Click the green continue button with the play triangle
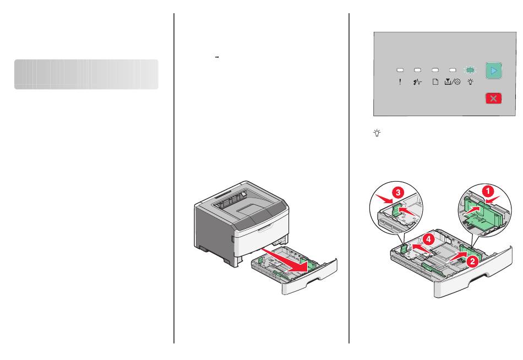coord(494,70)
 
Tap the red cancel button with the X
coord(494,99)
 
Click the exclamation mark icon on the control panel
coord(400,81)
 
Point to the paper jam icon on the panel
coord(417,81)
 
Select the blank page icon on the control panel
coord(435,81)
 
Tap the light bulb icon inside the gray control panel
coord(470,81)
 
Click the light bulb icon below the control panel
coord(377,133)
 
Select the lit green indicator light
coord(470,70)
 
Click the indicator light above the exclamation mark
coord(400,70)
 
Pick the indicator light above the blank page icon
coord(435,70)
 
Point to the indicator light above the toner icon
coord(453,70)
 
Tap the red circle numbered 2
coord(472,261)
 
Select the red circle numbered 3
coord(398,192)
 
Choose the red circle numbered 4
coord(429,239)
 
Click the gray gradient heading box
coord(86,74)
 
